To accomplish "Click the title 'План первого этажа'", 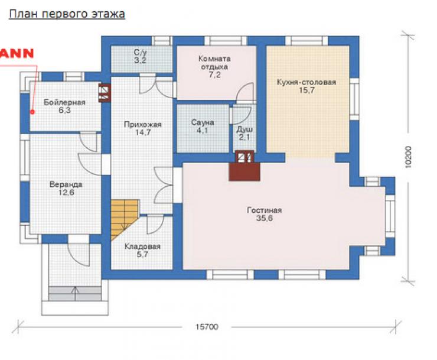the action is pos(67,14).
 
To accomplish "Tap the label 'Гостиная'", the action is pos(264,210).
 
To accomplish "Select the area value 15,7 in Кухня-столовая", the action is pos(306,90).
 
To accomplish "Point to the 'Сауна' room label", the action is pos(203,122).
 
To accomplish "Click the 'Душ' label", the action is pos(244,129).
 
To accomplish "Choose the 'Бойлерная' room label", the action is pos(64,102).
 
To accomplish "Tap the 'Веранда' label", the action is pos(66,184).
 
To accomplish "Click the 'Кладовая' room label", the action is pos(142,247).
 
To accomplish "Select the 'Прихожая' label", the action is pos(143,125).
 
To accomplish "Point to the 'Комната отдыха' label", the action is pos(214,63).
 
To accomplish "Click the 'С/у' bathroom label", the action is pos(140,52).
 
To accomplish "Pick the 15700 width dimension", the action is pos(207,326).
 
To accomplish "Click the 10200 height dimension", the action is pos(408,157).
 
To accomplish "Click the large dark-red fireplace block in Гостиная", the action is pos(244,171).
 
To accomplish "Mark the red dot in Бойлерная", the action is pos(32,112).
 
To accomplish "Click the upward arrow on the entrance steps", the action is pos(75,293).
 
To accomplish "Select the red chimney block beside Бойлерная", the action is pos(105,93).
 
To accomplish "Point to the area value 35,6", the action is pos(265,218).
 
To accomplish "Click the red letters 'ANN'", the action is pos(17,53).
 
